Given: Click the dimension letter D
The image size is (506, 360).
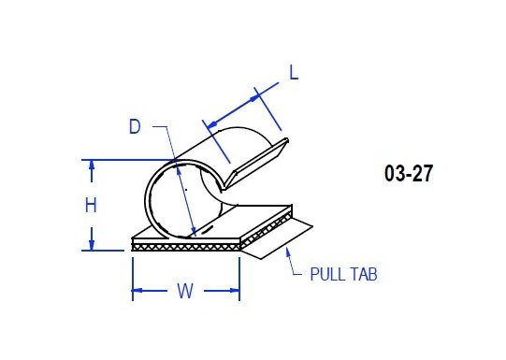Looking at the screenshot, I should pyautogui.click(x=135, y=126).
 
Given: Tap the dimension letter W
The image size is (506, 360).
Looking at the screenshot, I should pyautogui.click(x=185, y=292).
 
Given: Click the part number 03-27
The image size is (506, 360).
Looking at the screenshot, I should pyautogui.click(x=408, y=174).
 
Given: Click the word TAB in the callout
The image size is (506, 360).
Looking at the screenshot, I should pyautogui.click(x=363, y=275).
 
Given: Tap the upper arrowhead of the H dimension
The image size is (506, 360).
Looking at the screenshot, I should pyautogui.click(x=92, y=165).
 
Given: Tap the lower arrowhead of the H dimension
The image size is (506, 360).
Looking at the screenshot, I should pyautogui.click(x=92, y=245).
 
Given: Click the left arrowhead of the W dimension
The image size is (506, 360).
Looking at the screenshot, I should pyautogui.click(x=137, y=293).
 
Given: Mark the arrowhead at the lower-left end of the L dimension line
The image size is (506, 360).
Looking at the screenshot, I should pyautogui.click(x=210, y=125).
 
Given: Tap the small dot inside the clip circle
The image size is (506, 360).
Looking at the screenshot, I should pyautogui.click(x=186, y=190).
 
